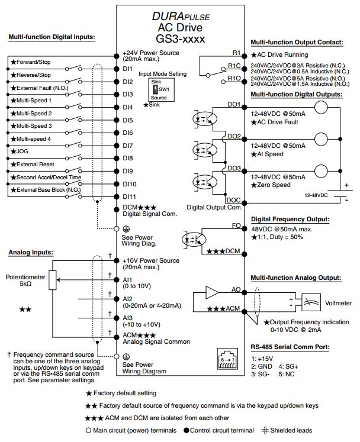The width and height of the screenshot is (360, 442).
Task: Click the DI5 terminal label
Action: tap(127, 120)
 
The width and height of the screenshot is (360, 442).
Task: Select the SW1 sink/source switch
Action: tap(156, 89)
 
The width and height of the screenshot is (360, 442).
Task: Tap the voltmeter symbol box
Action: tap(311, 302)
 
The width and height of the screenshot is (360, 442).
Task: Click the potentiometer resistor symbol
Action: tap(53, 280)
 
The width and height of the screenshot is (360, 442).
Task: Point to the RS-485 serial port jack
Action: tap(227, 359)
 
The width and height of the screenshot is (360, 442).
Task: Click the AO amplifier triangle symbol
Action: tap(212, 292)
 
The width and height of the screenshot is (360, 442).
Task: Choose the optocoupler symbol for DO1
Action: tap(204, 119)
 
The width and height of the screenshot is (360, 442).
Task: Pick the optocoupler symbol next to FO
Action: tap(194, 240)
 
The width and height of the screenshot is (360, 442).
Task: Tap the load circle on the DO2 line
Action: tap(321, 139)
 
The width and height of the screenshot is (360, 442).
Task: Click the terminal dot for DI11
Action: tap(116, 196)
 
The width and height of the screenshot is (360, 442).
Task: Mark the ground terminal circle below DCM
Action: tap(116, 228)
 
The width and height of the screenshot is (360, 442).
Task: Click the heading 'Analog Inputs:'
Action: tap(31, 252)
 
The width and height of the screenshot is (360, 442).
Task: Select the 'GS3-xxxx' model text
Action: tap(181, 38)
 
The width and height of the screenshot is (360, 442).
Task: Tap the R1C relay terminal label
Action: tap(234, 66)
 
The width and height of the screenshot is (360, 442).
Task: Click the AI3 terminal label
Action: tap(127, 318)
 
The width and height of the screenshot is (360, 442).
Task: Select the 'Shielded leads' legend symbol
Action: tap(265, 430)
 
